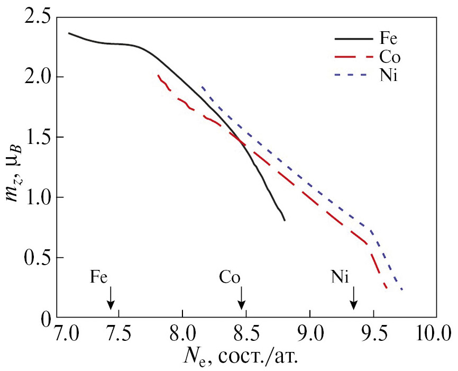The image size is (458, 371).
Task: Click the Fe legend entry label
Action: [388, 39]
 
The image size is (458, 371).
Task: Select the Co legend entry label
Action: [389, 57]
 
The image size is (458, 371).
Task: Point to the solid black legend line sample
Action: [353, 39]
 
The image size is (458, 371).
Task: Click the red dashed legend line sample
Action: [353, 57]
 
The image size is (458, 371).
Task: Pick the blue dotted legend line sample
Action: [353, 76]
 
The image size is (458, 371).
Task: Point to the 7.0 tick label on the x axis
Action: [67, 335]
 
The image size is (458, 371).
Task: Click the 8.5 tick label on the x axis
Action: [245, 335]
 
